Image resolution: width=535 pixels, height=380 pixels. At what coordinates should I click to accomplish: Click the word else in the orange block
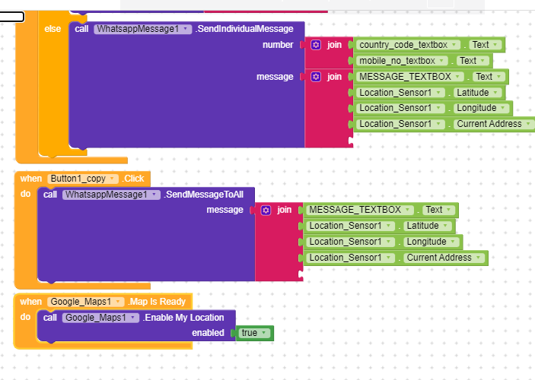[x=53, y=29]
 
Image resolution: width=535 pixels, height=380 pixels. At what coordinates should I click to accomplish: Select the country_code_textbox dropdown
[x=408, y=45]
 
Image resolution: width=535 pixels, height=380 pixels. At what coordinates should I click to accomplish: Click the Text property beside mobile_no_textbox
[x=473, y=61]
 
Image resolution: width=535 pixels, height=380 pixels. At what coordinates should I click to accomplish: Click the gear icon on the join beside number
[x=316, y=45]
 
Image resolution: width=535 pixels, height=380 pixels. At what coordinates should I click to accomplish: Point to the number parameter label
[x=278, y=45]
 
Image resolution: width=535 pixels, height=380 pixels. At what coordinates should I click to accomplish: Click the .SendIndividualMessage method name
[x=244, y=29]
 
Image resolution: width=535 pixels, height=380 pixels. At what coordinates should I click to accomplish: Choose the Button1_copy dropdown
[x=82, y=179]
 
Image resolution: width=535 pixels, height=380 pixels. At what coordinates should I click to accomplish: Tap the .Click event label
[x=133, y=179]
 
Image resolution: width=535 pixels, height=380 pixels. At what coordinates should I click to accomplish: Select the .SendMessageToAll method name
[x=204, y=195]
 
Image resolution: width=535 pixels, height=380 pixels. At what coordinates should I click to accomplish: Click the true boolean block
[x=254, y=333]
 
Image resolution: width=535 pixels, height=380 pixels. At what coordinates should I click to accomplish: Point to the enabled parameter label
[x=208, y=333]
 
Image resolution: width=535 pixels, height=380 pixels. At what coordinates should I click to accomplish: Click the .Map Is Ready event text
[x=157, y=302]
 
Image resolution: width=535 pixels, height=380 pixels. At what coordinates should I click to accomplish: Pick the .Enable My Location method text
[x=183, y=317]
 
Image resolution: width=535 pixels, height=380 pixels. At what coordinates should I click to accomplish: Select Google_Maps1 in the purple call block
[x=100, y=317]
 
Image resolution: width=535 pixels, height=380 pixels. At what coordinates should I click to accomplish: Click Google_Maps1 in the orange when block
[x=85, y=302]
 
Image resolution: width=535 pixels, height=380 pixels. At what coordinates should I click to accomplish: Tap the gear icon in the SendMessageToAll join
[x=266, y=210]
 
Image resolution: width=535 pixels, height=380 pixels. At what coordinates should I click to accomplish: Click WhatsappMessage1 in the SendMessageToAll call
[x=111, y=195]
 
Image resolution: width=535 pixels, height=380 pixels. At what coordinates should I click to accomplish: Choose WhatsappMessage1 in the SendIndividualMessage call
[x=142, y=29]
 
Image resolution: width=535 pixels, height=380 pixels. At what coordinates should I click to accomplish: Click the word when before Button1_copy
[x=30, y=179]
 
